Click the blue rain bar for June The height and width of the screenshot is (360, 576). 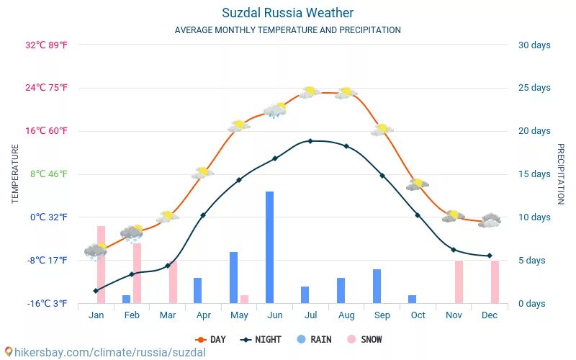(269, 247)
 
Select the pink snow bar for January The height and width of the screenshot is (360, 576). (101, 264)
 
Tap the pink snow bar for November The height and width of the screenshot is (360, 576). (459, 282)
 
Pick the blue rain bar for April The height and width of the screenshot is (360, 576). (197, 290)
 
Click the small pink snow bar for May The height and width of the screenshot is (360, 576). (244, 299)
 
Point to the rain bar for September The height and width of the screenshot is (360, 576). (377, 286)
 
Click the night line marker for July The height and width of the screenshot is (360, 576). (310, 141)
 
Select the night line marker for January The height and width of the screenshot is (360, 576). (96, 290)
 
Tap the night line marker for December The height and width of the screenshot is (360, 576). (490, 256)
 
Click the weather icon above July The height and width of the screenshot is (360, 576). (310, 92)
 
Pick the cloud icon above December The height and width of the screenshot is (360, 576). (490, 220)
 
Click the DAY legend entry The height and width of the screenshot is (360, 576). (210, 339)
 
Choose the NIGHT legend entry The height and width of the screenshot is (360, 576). (261, 339)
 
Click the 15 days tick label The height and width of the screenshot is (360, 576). (534, 174)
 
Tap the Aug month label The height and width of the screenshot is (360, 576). (346, 315)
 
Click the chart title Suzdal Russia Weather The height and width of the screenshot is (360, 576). (288, 13)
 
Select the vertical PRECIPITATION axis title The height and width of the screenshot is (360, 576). (560, 174)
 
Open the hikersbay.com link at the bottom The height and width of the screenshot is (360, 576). (104, 352)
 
